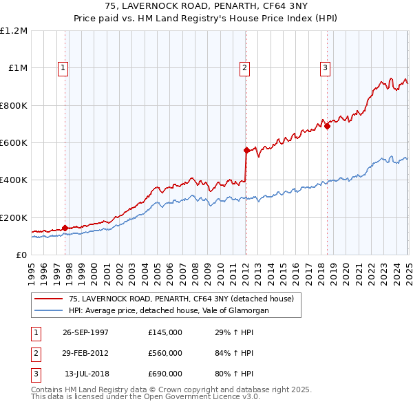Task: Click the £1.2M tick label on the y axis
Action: (x=14, y=31)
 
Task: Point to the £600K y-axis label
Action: (x=14, y=143)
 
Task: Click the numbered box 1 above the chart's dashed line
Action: (x=63, y=67)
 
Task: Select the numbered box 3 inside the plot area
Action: (x=325, y=67)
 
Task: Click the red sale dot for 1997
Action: (x=65, y=228)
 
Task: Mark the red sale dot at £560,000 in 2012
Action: (x=246, y=150)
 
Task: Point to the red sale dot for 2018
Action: (x=327, y=126)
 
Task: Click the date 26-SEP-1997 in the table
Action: (x=85, y=332)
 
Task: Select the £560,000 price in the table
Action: (x=165, y=353)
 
